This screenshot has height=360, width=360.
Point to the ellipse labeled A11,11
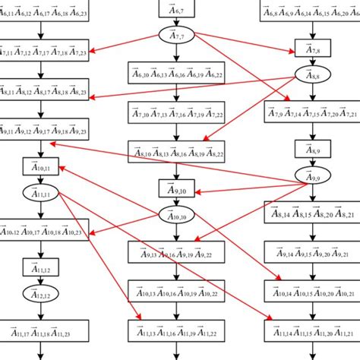(35, 195)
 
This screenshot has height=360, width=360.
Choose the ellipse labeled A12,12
(35, 293)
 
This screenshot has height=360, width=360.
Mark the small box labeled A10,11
(35, 168)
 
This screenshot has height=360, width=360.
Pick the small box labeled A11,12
(35, 267)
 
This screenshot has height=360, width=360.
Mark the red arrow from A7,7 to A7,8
(243, 43)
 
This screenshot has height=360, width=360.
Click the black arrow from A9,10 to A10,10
(176, 203)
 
